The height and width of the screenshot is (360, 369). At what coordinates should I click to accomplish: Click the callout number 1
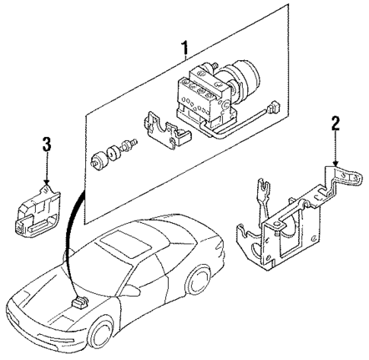185,50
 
